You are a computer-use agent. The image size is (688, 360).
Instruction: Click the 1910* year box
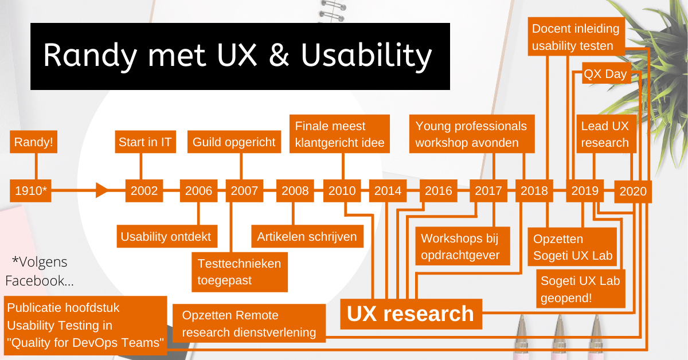31,191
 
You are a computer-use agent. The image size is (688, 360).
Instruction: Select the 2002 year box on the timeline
144,191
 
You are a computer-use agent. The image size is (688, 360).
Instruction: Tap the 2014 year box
388,191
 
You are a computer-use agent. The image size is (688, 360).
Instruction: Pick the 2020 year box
633,191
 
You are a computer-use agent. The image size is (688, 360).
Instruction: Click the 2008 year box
295,191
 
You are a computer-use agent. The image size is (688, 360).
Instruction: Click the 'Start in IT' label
145,142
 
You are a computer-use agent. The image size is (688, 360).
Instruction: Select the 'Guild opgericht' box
234,142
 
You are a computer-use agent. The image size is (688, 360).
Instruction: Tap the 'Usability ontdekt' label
166,236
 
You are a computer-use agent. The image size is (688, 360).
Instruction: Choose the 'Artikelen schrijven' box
307,236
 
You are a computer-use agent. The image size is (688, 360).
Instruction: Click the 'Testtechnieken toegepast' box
240,272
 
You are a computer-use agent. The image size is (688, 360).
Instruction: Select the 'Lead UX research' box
605,134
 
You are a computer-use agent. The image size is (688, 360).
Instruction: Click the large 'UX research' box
411,314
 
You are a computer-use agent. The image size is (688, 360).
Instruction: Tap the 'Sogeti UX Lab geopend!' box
581,289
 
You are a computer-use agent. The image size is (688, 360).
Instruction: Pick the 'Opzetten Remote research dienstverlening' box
249,323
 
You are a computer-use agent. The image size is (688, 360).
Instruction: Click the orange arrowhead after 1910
101,190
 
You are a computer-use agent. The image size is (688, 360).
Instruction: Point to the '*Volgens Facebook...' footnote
39,271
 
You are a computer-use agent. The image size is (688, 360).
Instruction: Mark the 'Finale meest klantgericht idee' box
339,134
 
